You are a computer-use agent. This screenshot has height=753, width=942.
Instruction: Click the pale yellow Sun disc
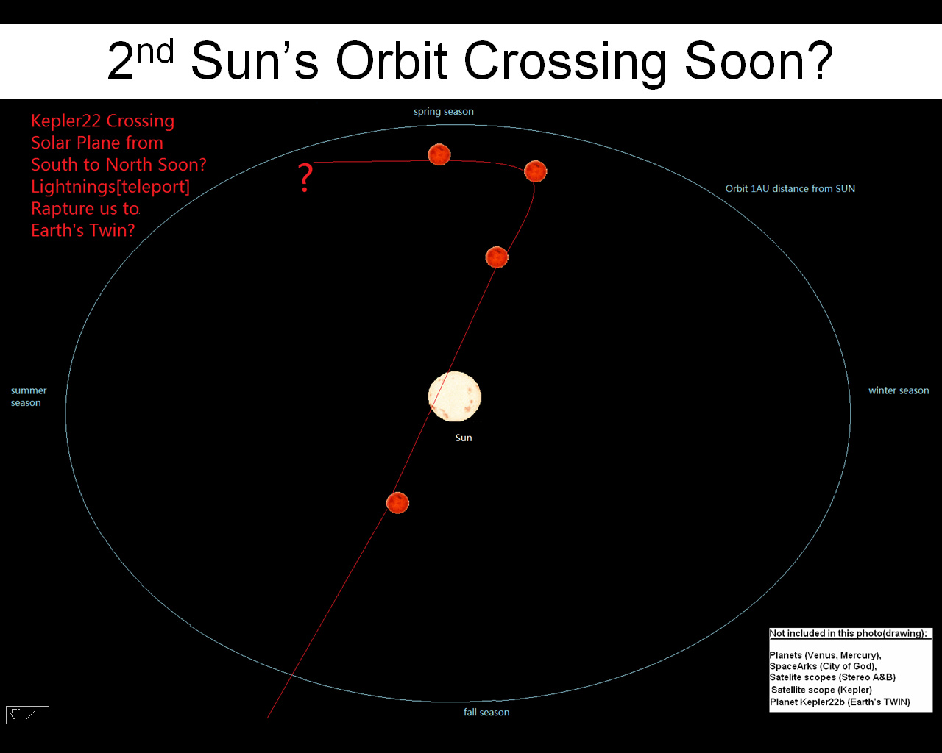click(455, 396)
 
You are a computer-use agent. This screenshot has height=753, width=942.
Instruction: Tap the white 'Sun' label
click(464, 438)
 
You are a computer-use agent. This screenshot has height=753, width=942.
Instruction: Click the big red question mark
click(305, 178)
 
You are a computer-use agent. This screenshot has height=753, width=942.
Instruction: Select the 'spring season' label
click(444, 112)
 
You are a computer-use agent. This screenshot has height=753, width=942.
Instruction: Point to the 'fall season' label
click(486, 713)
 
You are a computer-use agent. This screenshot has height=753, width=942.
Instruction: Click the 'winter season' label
click(899, 390)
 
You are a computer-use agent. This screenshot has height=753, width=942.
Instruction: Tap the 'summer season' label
click(29, 396)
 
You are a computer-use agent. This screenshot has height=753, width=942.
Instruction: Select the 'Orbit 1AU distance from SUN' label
click(790, 188)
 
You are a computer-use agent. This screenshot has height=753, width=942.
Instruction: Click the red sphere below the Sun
click(397, 503)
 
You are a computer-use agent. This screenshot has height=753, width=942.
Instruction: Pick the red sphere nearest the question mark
click(439, 154)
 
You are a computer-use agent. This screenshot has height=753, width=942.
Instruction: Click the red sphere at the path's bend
click(535, 171)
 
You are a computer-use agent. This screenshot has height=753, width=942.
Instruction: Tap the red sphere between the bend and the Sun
click(497, 257)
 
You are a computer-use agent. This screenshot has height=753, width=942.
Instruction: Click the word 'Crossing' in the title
click(564, 61)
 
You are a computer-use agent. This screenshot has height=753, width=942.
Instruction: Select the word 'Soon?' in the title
click(759, 60)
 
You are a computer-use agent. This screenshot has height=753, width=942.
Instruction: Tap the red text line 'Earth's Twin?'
click(82, 231)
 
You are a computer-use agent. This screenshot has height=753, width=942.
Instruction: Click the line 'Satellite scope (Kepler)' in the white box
click(821, 690)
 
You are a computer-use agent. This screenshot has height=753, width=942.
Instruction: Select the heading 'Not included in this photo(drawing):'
click(848, 634)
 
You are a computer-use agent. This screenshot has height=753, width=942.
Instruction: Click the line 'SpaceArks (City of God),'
click(823, 666)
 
